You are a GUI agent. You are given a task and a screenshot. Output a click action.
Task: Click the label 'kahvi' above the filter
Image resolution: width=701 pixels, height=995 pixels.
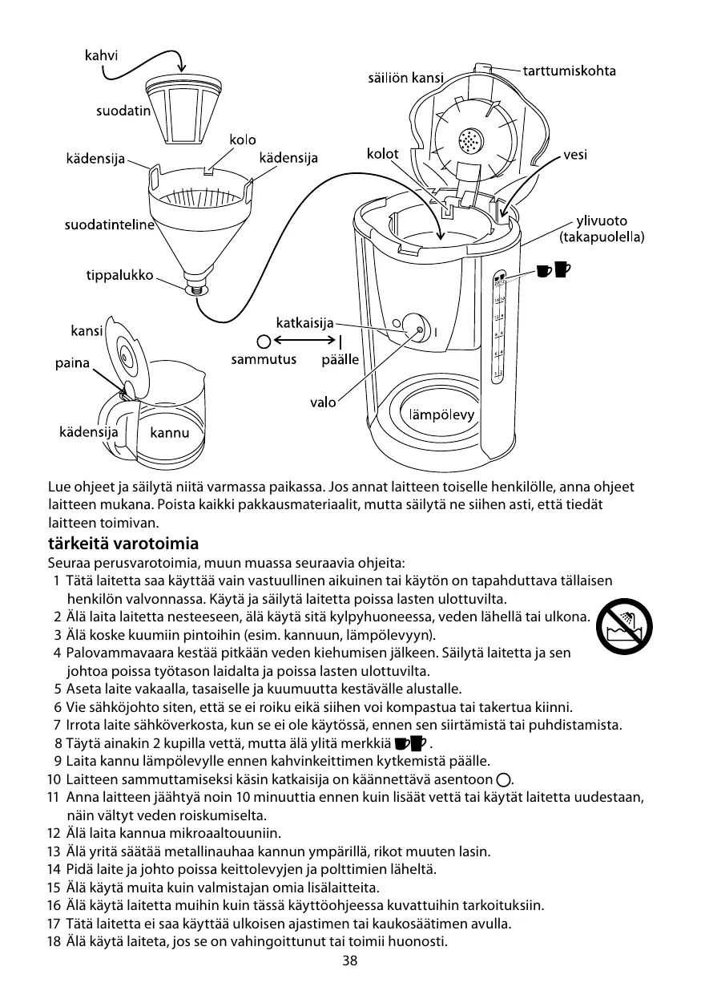(102, 56)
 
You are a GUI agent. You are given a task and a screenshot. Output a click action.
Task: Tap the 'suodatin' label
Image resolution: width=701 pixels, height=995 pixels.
(123, 111)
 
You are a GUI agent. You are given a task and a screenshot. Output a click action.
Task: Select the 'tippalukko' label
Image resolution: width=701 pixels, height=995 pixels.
(119, 276)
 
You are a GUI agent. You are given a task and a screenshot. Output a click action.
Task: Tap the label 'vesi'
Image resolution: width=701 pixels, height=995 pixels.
(575, 155)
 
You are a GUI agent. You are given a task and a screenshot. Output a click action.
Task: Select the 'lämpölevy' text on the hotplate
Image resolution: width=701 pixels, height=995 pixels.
(442, 415)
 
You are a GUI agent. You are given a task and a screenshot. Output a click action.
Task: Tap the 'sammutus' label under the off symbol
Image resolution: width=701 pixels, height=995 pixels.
(264, 360)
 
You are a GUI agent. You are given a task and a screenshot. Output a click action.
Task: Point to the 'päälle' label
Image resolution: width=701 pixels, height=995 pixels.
(340, 360)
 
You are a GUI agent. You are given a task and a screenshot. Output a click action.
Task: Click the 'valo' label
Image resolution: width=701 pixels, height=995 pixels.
(323, 402)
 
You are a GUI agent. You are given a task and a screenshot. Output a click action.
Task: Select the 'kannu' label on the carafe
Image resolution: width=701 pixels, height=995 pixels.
(170, 433)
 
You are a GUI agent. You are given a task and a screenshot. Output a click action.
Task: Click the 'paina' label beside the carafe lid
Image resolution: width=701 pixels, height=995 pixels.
(71, 364)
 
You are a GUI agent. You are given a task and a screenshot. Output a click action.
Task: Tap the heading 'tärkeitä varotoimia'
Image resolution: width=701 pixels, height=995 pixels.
(123, 543)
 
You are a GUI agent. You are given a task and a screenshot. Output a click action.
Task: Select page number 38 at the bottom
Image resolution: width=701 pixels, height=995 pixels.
(349, 961)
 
